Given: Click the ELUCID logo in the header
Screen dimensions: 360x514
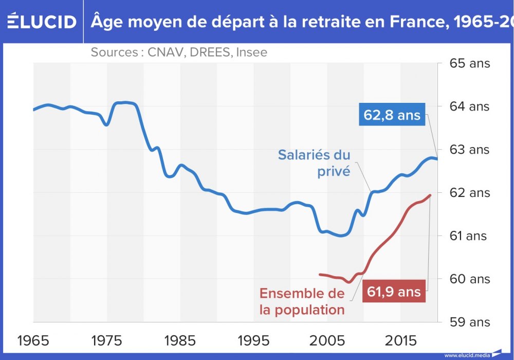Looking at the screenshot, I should pos(42,22).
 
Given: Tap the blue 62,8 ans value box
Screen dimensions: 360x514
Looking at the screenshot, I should pos(392,116).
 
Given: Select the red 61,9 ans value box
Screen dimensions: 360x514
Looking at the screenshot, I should pos(394,292).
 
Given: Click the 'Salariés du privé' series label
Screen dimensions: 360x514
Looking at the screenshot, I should pos(314,163).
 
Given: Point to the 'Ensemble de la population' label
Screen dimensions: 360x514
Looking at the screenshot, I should pos(302,301).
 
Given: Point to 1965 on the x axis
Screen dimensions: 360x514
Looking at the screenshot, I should pos(33,340).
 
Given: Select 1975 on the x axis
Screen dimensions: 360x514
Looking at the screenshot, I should pos(106,340).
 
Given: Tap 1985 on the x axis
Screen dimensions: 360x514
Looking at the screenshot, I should pos(180,340).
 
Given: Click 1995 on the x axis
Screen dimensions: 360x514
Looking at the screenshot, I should pos(253,340).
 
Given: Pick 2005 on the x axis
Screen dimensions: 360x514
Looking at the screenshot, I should pos(327,340).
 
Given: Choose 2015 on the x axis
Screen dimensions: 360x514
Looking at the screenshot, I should pos(400,340).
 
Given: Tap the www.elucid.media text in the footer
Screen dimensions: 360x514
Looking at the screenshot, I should pos(467,355).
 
